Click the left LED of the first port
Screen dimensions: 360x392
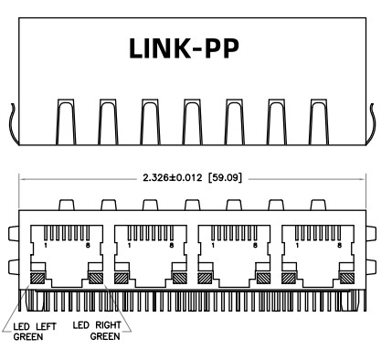39,278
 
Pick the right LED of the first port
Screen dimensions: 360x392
94,278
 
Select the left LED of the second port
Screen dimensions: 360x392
123,278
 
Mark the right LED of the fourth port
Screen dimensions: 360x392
345,278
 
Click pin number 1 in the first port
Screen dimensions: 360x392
47,246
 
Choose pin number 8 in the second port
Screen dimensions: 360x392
172,246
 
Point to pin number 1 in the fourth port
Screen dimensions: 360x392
298,246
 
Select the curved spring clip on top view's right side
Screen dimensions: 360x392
374,123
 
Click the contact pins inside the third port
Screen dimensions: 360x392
234,230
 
